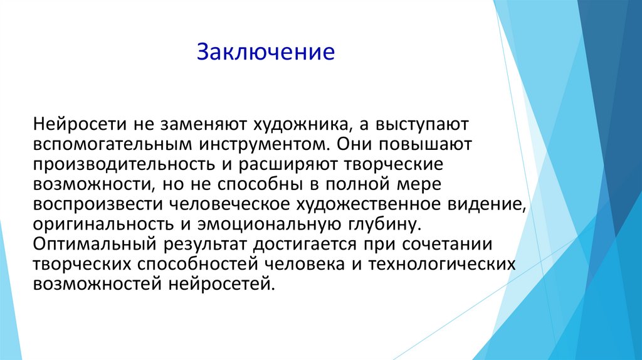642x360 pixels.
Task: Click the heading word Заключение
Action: [x=266, y=51]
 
